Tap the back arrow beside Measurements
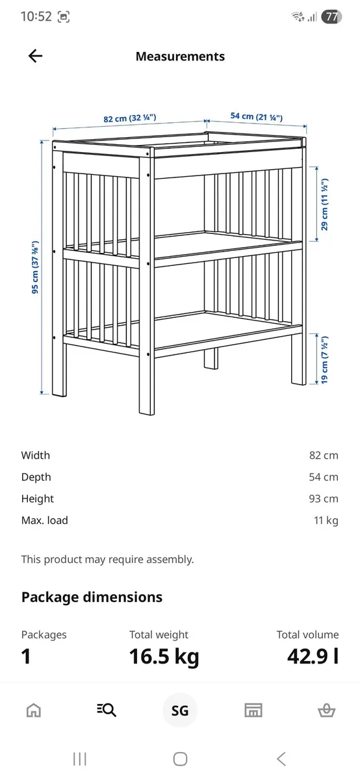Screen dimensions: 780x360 tap(35, 57)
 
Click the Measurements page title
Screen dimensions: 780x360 tap(180, 57)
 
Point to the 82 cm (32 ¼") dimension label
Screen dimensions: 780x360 tap(130, 118)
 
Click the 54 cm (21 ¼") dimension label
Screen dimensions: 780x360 tap(256, 116)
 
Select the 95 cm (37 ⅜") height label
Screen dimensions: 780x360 tap(36, 269)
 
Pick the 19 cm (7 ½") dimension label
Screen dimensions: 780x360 tap(324, 359)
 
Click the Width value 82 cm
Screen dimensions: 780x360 tap(324, 456)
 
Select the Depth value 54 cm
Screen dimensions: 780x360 tap(324, 477)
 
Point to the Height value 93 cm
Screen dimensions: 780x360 tap(324, 499)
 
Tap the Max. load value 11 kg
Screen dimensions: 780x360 tap(326, 521)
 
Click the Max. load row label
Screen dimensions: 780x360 tap(44, 521)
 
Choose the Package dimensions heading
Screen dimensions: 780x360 tap(92, 597)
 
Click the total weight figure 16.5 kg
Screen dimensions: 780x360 tap(164, 656)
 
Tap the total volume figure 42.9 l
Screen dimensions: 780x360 tap(313, 656)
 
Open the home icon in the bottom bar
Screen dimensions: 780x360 tap(34, 710)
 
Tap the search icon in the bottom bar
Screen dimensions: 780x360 tap(107, 710)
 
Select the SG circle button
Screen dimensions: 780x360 tap(180, 710)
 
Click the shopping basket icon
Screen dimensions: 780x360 tap(326, 710)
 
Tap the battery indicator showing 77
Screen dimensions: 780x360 tap(331, 17)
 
